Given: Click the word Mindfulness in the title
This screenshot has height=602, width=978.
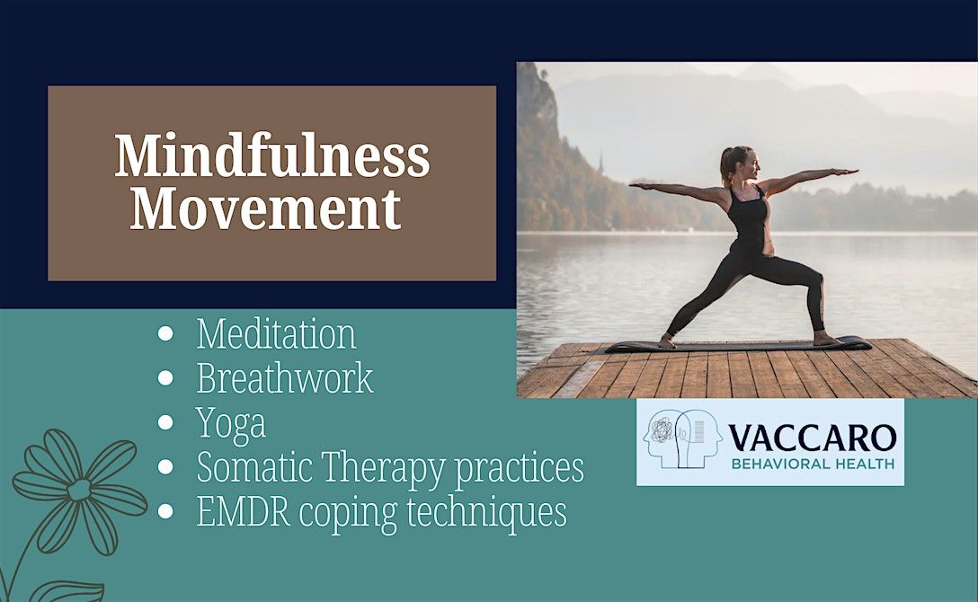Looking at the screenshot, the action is click(272, 155).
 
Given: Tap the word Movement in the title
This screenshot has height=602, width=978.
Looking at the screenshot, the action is click(266, 208).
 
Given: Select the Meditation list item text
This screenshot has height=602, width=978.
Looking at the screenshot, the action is click(276, 334).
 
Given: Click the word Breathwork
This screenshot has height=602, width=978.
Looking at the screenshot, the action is click(285, 378).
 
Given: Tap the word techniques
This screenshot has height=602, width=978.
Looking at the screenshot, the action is click(486, 513).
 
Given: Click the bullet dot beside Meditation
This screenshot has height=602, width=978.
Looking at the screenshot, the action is click(165, 334).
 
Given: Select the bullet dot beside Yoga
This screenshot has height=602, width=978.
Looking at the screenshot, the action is click(165, 422).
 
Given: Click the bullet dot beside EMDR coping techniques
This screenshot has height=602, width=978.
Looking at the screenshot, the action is click(165, 511).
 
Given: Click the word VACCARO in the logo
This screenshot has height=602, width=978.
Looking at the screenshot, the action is click(812, 438).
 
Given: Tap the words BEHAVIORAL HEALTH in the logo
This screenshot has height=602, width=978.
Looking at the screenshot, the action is click(813, 464).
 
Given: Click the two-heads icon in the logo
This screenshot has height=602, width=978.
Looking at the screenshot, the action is click(682, 438).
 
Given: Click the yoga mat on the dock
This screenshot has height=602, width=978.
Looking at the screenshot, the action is click(739, 344).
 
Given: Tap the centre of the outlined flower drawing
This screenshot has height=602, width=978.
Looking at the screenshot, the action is click(79, 490).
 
